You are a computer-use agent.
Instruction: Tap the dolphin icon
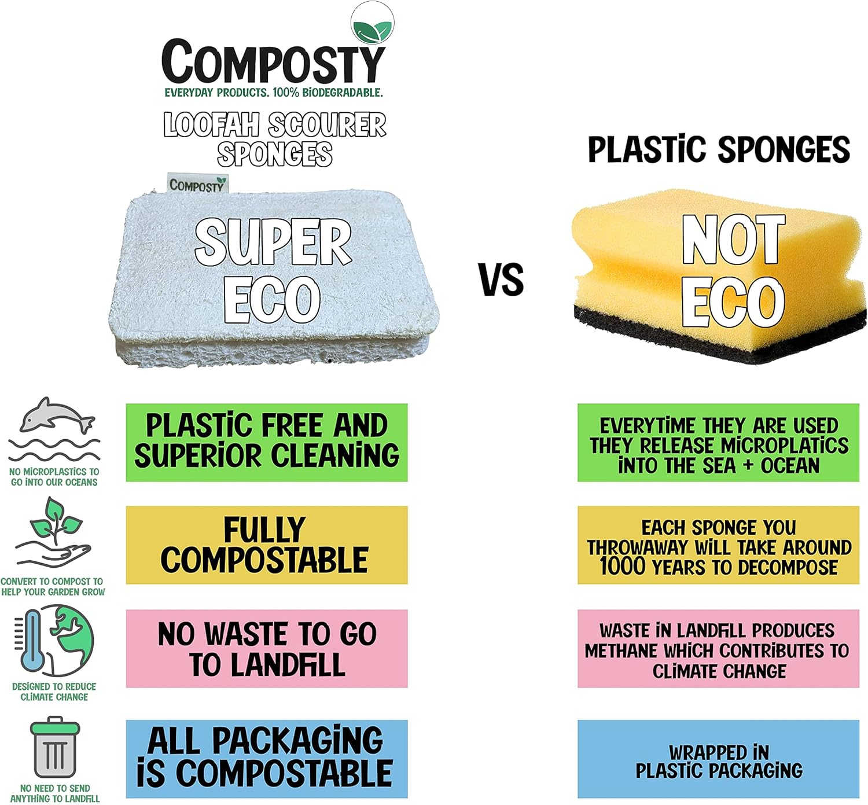click(56, 416)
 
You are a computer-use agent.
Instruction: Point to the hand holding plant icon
click(54, 532)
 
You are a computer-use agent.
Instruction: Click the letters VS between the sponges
click(501, 279)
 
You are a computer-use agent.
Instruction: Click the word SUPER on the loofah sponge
click(273, 242)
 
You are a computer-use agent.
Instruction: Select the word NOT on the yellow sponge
click(733, 239)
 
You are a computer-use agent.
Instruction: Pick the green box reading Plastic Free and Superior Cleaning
click(267, 442)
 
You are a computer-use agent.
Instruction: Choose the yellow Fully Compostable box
click(267, 545)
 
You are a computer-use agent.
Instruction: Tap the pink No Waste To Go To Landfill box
click(267, 648)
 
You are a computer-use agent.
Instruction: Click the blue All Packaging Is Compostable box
click(267, 758)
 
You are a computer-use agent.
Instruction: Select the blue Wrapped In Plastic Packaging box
click(718, 759)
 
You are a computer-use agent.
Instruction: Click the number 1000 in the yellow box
click(623, 567)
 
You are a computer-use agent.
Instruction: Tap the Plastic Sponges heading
click(719, 149)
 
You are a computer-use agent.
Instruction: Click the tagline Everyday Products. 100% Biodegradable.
click(274, 93)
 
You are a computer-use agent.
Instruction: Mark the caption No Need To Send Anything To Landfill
click(55, 793)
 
